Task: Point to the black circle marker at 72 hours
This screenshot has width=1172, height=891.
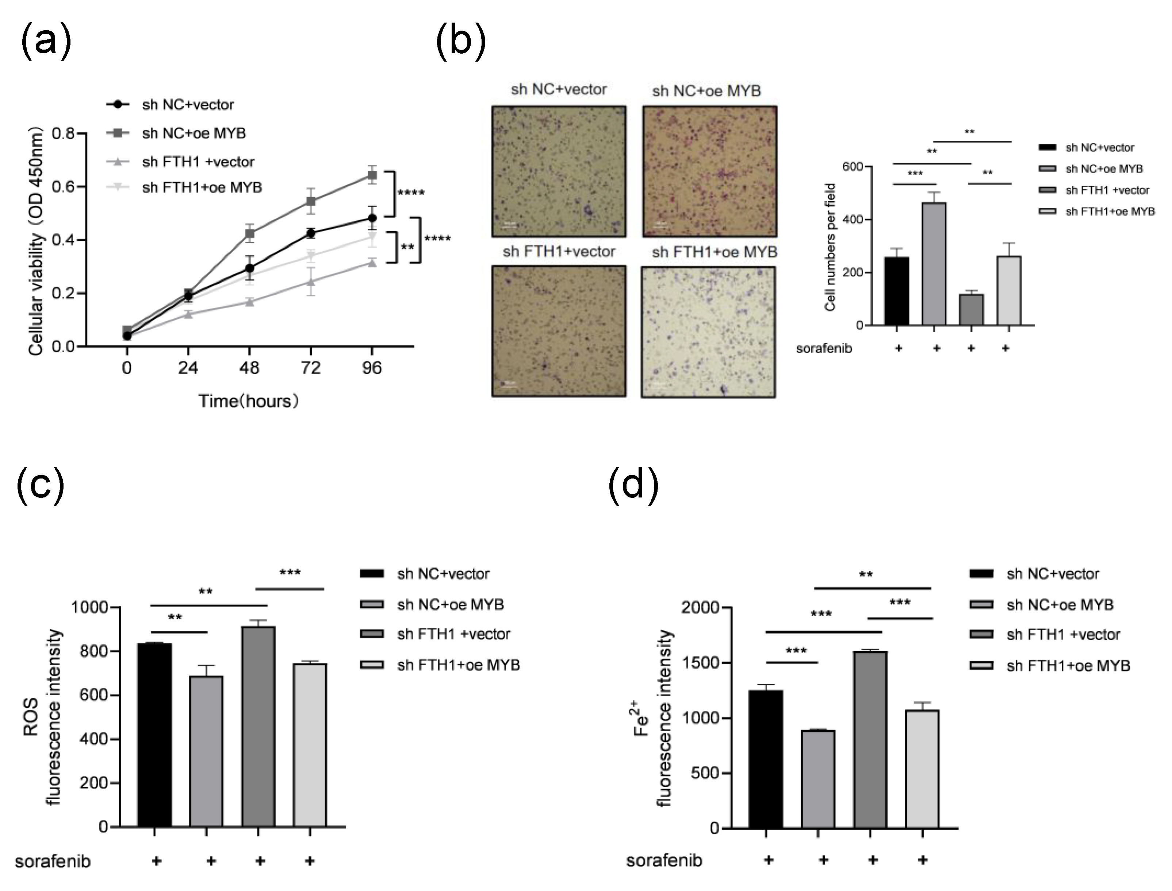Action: click(x=311, y=233)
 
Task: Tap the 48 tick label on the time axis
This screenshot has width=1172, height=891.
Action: click(x=249, y=368)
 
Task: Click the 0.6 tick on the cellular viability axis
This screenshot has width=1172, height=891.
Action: click(x=63, y=187)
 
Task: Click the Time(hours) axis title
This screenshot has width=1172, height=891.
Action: click(x=248, y=401)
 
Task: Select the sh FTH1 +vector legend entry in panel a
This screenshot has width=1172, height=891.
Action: click(x=198, y=162)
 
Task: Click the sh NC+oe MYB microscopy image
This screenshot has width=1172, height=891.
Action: click(x=710, y=171)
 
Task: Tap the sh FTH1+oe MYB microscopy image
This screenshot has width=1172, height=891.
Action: click(x=708, y=332)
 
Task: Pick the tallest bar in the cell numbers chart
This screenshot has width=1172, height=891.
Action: click(x=934, y=264)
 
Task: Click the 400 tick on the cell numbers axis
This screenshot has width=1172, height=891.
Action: click(x=853, y=220)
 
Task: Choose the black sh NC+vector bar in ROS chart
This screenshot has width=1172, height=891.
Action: click(x=154, y=735)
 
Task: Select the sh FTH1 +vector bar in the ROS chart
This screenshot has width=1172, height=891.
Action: click(x=258, y=727)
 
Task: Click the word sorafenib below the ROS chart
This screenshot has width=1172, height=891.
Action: click(x=53, y=861)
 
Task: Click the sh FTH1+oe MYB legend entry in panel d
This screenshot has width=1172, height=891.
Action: click(x=1068, y=666)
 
